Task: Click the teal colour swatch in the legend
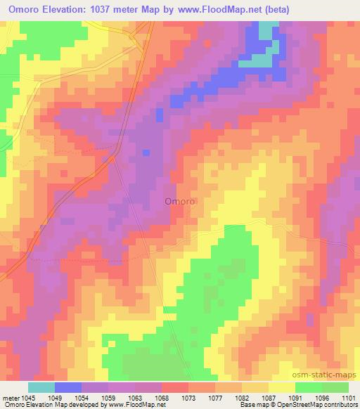(x=41, y=387)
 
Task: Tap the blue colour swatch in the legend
(x=69, y=387)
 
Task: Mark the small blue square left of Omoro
(x=146, y=152)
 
